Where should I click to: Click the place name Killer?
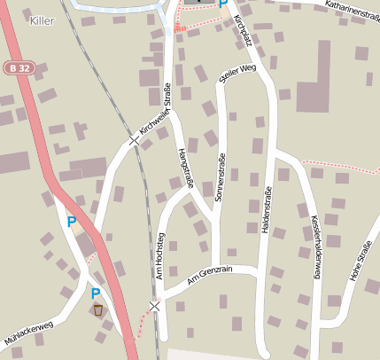coord(42,20)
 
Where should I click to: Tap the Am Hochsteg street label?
coord(161,257)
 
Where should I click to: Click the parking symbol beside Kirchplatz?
coord(223,4)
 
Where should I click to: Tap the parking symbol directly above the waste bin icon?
coord(96,293)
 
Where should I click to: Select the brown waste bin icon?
coord(97,309)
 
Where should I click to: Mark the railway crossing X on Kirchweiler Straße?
coord(135,140)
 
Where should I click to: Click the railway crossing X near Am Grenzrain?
coord(155,306)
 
